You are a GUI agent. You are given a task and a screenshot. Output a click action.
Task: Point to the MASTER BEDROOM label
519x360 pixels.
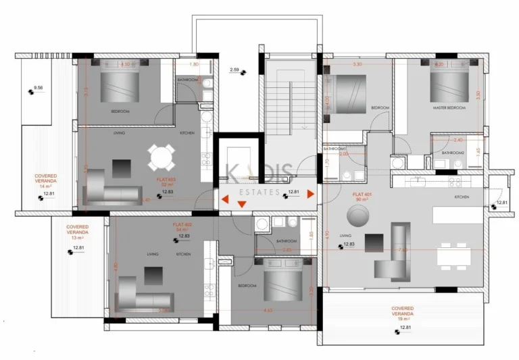449,108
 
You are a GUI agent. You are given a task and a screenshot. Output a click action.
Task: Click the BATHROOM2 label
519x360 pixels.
453,153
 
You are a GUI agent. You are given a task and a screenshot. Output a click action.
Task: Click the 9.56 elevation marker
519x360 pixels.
38,88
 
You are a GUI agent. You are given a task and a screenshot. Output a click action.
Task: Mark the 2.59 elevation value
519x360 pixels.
234,70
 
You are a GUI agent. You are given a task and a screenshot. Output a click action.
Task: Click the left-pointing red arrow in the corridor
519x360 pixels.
225,199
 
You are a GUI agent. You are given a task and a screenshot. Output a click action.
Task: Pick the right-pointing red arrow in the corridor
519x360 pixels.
311,195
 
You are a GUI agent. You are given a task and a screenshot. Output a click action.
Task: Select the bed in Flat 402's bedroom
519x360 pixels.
282,284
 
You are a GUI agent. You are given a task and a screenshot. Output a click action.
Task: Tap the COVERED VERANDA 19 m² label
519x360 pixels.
403,314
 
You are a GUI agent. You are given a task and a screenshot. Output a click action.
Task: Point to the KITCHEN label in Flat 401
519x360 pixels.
462,197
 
